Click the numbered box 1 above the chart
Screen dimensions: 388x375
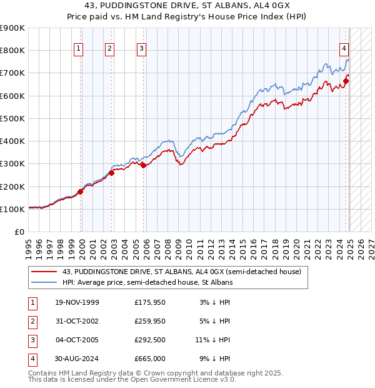tap(79, 49)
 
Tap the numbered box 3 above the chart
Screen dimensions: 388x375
tap(141, 49)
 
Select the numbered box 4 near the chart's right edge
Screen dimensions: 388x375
tap(344, 49)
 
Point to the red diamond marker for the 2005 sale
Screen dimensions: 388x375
tap(143, 165)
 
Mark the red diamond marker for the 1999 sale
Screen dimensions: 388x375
tap(81, 191)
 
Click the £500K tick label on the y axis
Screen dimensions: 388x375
tap(12, 118)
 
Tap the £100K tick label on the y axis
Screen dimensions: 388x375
tap(12, 209)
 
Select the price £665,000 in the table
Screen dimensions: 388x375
tap(149, 359)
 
